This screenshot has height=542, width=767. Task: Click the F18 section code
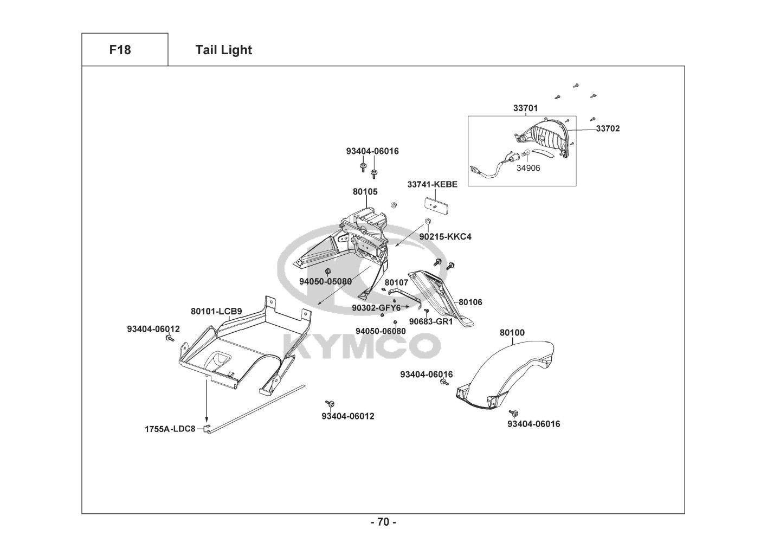[x=120, y=50]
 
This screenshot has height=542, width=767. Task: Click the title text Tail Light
[x=223, y=50]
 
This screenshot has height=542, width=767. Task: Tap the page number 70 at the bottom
[x=383, y=522]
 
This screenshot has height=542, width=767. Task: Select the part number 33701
[x=525, y=108]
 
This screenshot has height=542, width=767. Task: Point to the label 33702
[x=608, y=128]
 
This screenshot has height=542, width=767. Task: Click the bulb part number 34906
[x=527, y=168]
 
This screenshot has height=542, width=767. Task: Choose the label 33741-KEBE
[x=432, y=184]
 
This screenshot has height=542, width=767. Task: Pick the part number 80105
[x=365, y=191]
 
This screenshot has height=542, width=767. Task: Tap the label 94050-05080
[x=325, y=281]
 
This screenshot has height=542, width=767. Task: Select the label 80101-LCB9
[x=216, y=311]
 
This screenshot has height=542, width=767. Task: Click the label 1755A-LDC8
[x=170, y=429]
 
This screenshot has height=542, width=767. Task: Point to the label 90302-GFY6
[x=376, y=308]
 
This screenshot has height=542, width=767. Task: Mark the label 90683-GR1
[x=430, y=321]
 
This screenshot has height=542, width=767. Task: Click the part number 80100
[x=512, y=332]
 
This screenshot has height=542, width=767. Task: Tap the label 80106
[x=470, y=302]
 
